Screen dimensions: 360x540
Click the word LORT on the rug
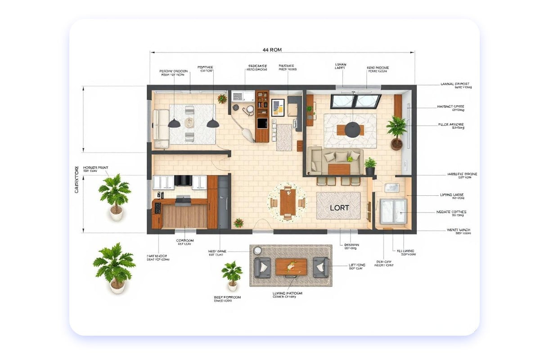339,208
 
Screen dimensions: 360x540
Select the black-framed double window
355,101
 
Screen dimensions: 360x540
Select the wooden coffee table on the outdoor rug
291,266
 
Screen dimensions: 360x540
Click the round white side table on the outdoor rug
257,251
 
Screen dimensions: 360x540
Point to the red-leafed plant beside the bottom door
238,222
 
